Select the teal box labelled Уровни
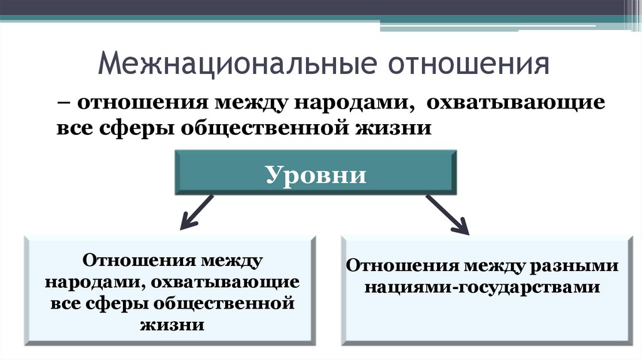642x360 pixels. tap(315, 173)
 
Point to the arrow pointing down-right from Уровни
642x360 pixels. tap(448, 214)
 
